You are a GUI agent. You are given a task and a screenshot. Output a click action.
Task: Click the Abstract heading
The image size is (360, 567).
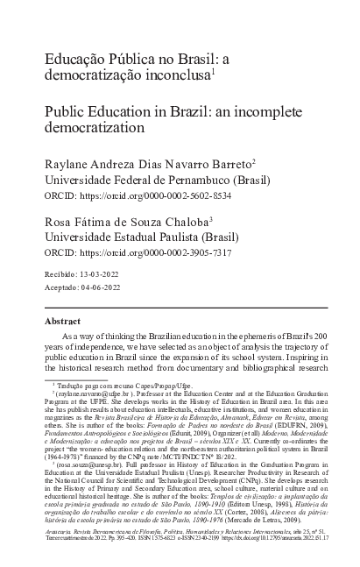coord(62,322)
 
